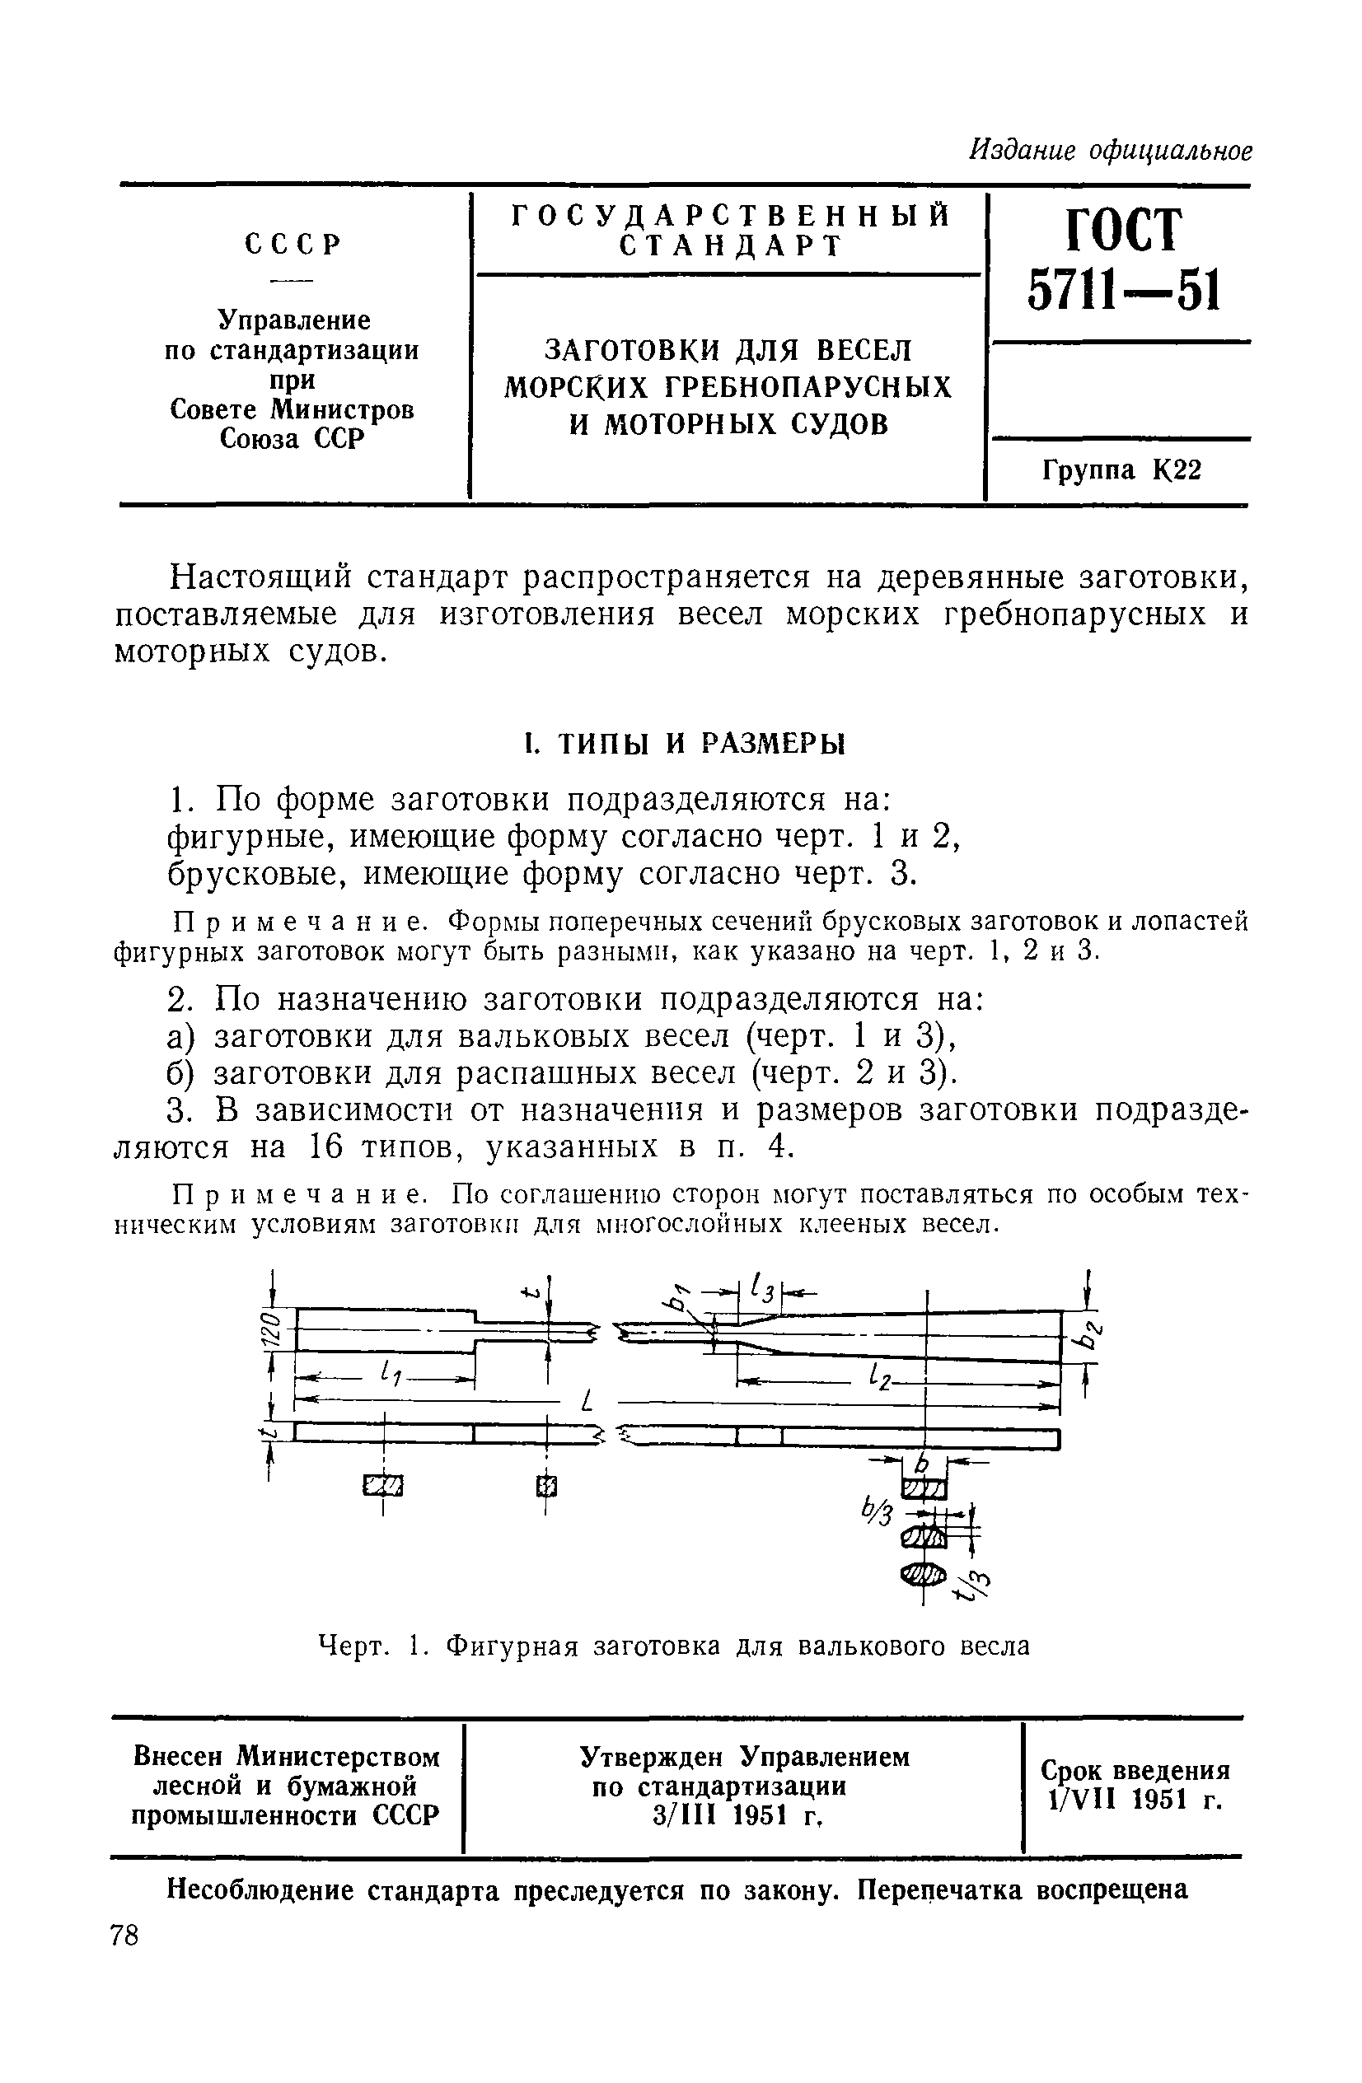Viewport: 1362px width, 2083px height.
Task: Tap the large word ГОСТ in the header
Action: click(x=1123, y=230)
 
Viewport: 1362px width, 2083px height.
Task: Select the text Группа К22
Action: click(x=1121, y=471)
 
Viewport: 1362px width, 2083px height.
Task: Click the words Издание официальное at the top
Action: click(x=1111, y=152)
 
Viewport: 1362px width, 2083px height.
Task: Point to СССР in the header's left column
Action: click(x=292, y=244)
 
